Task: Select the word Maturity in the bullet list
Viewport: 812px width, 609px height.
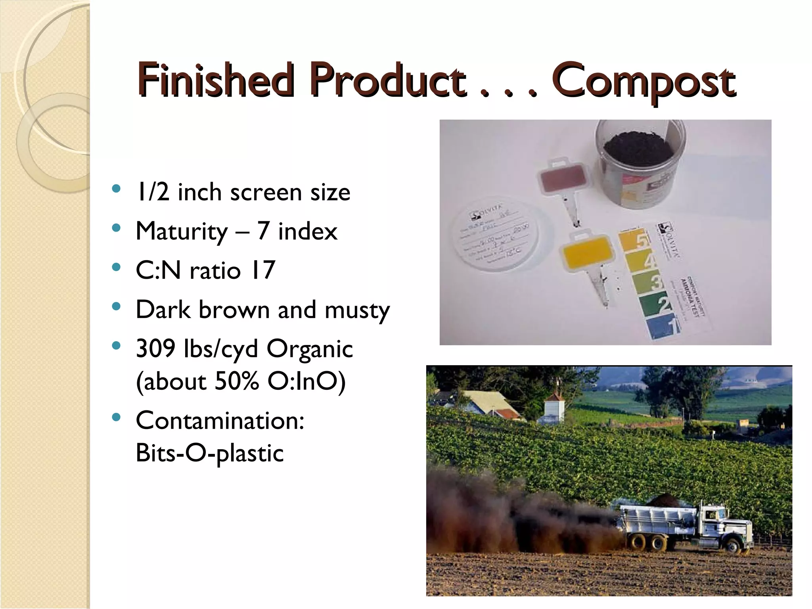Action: coord(182,231)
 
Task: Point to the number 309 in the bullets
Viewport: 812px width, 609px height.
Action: coord(155,349)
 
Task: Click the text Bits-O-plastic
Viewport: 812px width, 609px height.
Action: coord(210,453)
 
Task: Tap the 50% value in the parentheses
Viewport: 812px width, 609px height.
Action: coord(237,381)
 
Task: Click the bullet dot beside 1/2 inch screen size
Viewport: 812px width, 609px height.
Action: coord(116,188)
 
